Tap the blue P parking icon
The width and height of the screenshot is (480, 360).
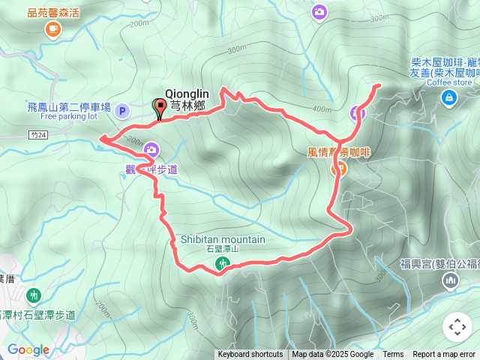[x=123, y=111]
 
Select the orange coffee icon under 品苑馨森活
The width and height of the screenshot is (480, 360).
[x=52, y=29]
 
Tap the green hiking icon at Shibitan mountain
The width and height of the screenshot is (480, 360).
[x=222, y=262]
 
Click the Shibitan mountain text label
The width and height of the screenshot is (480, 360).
[x=223, y=239]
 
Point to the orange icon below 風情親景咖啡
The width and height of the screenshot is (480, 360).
[x=338, y=169]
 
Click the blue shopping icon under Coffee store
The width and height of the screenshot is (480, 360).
[x=448, y=97]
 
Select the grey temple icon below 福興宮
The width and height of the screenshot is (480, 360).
[x=451, y=281]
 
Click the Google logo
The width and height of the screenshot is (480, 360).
[x=28, y=349]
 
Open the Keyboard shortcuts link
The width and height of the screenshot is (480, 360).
[x=250, y=355]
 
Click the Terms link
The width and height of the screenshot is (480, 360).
[x=393, y=355]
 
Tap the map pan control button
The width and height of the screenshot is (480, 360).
[x=457, y=327]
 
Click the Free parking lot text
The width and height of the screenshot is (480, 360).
[x=69, y=117]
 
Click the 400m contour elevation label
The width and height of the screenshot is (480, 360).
[x=322, y=109]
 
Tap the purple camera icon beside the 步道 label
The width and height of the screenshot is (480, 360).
[x=151, y=150]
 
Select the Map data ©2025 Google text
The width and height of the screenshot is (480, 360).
[x=332, y=355]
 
